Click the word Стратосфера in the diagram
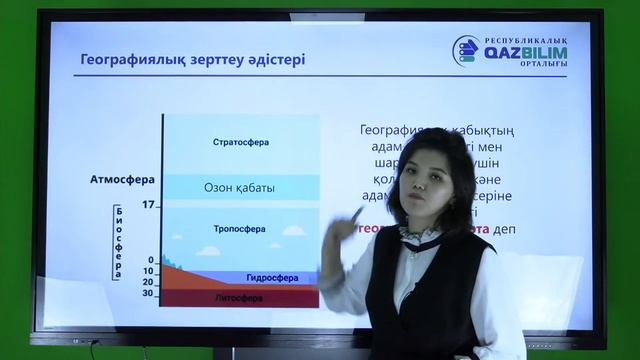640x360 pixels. click(x=241, y=142)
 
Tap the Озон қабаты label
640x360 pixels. click(x=240, y=187)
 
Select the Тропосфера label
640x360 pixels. click(x=240, y=229)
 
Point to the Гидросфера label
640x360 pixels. click(x=267, y=277)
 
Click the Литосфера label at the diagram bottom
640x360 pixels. click(x=240, y=297)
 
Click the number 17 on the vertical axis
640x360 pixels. click(x=149, y=205)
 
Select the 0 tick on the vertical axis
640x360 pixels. click(x=151, y=260)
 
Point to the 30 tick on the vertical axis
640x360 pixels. click(x=148, y=293)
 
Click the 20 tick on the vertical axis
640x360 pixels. click(x=148, y=282)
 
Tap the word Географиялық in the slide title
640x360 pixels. click(x=130, y=60)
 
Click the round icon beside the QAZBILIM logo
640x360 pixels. click(x=465, y=51)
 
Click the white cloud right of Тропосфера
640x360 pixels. click(x=294, y=230)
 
